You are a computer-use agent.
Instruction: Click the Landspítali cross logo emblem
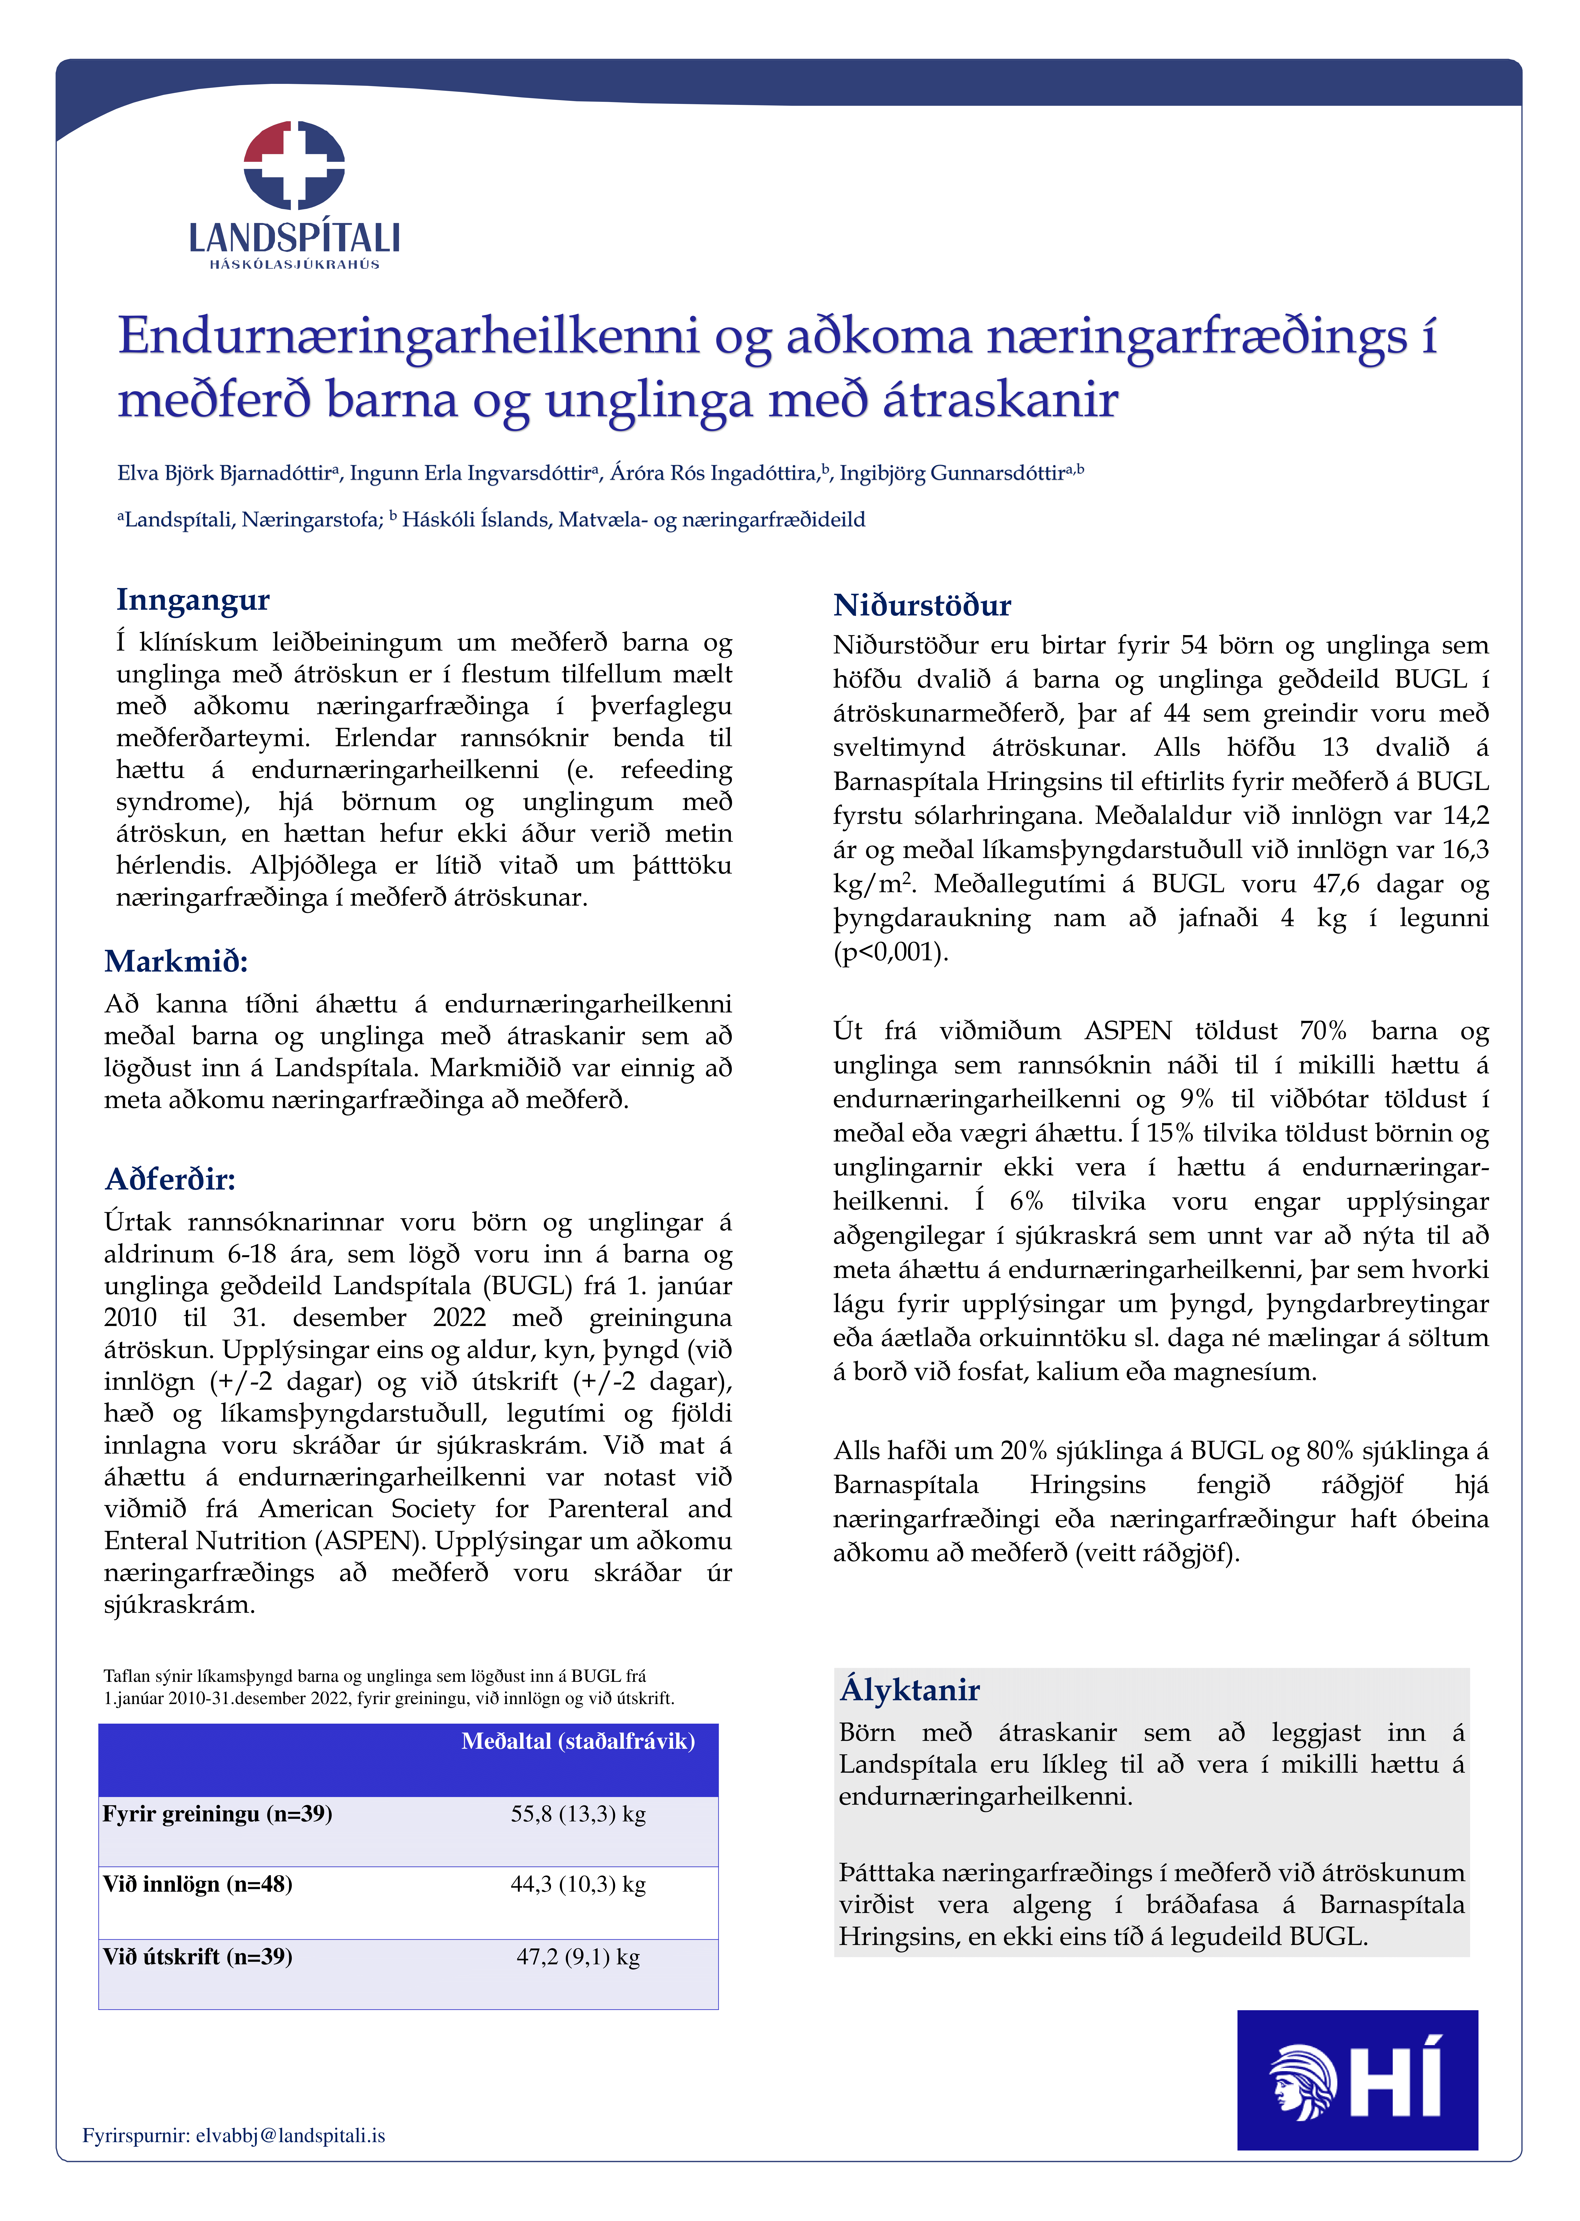(294, 165)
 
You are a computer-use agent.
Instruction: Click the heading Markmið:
(176, 961)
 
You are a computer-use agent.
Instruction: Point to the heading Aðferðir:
(170, 1180)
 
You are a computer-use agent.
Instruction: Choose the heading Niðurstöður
(921, 605)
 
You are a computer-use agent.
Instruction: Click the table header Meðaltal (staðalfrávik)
(578, 1741)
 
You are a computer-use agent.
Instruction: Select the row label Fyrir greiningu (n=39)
(218, 1814)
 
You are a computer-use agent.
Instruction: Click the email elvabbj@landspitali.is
(290, 2135)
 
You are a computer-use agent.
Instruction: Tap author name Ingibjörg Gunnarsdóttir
(952, 474)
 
